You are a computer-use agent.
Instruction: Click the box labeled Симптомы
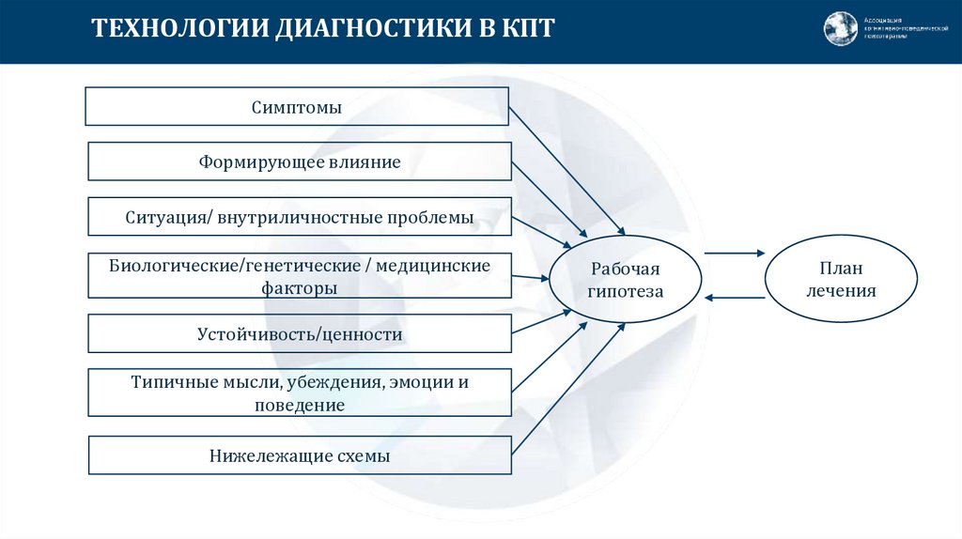(x=297, y=107)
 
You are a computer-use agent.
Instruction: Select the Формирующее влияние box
(x=300, y=162)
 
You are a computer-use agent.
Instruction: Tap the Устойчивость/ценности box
(x=300, y=333)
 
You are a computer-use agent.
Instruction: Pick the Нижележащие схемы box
(x=300, y=456)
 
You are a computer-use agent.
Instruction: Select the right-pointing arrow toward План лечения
(x=734, y=253)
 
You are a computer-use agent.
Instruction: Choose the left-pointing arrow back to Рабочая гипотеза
(x=734, y=299)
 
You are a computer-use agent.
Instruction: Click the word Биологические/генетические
(x=240, y=266)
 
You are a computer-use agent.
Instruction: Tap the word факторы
(x=300, y=289)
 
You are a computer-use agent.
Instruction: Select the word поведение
(x=300, y=406)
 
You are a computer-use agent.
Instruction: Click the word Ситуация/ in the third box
(x=168, y=218)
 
